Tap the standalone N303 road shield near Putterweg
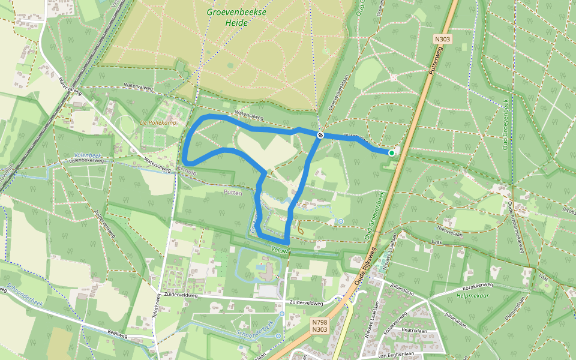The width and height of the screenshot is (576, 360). pyautogui.click(x=443, y=39)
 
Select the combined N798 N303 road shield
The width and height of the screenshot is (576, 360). pyautogui.click(x=320, y=326)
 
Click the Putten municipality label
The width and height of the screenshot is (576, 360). pyautogui.click(x=232, y=193)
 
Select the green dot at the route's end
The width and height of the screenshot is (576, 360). pyautogui.click(x=391, y=153)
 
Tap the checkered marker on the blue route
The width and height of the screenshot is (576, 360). pyautogui.click(x=321, y=135)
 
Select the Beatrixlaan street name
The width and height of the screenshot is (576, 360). pyautogui.click(x=414, y=330)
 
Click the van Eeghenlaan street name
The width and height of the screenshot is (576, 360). pyautogui.click(x=397, y=354)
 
